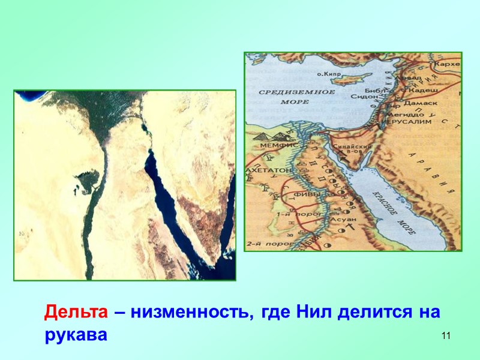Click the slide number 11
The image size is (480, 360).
(445, 335)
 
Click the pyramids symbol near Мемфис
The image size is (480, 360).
(265, 137)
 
